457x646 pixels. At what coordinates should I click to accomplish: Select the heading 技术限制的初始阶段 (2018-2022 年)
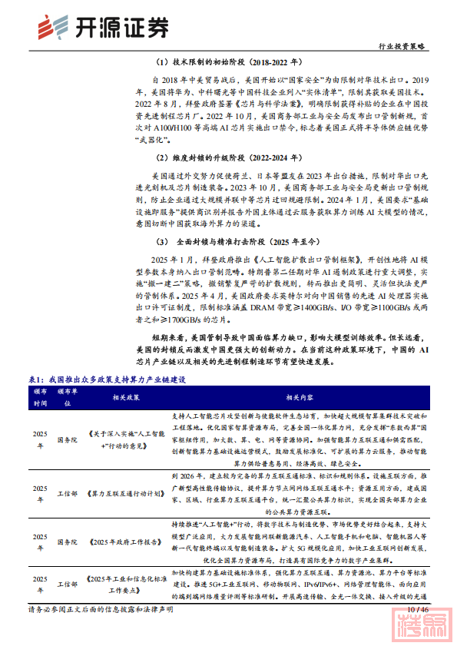pyautogui.click(x=227, y=61)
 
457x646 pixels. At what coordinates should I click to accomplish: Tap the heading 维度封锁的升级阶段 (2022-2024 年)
pyautogui.click(x=227, y=158)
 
